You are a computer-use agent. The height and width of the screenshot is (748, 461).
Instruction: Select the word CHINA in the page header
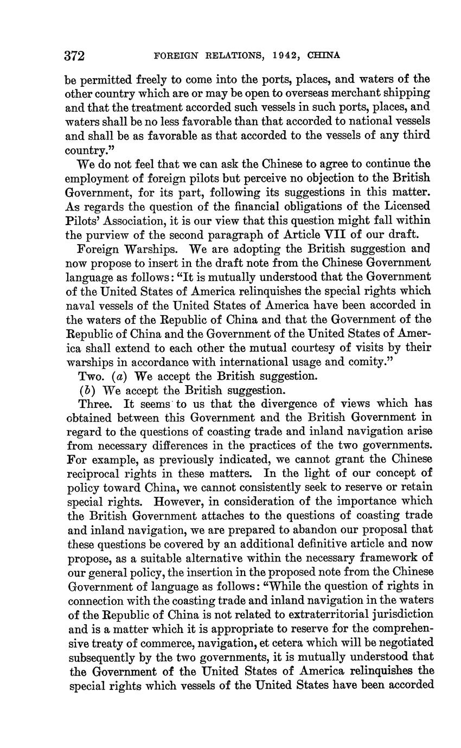[x=323, y=55]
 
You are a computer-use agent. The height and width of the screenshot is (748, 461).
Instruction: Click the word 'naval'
[x=79, y=305]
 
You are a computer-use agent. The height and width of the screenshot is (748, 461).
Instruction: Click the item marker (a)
[x=122, y=376]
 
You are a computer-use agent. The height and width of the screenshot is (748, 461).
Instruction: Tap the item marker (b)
[x=84, y=390]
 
